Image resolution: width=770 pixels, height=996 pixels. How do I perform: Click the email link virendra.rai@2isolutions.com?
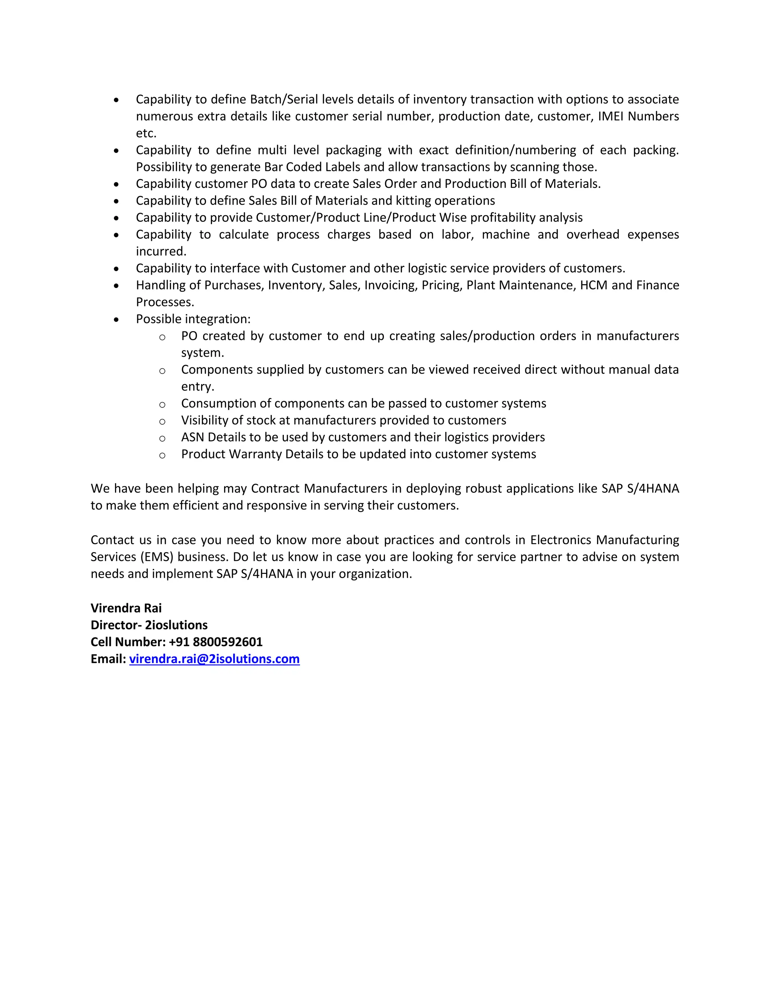[214, 658]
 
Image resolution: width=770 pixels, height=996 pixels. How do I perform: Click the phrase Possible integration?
[193, 319]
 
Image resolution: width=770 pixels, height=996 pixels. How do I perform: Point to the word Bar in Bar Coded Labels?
[273, 167]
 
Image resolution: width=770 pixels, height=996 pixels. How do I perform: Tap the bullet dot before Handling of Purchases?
[116, 286]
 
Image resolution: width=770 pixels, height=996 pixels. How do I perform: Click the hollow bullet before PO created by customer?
[162, 338]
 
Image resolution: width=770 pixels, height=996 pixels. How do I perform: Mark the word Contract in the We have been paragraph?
[276, 489]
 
